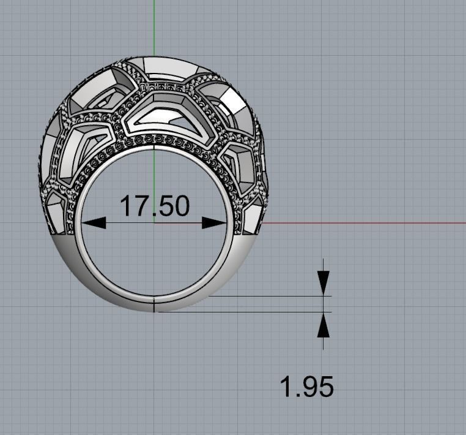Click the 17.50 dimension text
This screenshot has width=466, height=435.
[x=154, y=206]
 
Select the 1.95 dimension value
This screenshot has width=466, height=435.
[x=306, y=387]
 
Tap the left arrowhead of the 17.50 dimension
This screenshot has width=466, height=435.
[x=94, y=223]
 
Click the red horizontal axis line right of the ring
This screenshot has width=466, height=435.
[x=367, y=222]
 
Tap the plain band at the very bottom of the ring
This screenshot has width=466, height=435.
[x=153, y=304]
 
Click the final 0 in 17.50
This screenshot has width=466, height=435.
[x=180, y=206]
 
